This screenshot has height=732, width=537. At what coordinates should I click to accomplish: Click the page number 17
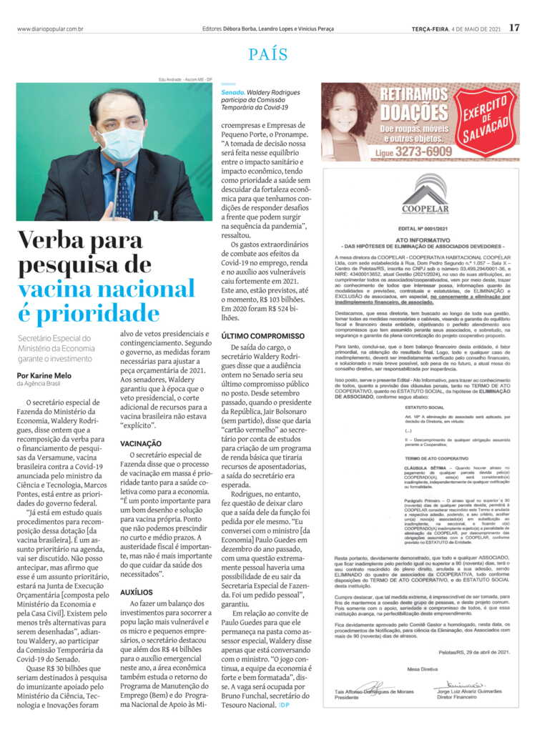(x=515, y=28)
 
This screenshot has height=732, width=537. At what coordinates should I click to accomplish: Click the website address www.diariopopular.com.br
(x=50, y=29)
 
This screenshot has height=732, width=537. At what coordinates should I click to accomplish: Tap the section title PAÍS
(x=268, y=55)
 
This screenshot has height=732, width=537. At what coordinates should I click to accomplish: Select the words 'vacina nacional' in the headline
(x=106, y=290)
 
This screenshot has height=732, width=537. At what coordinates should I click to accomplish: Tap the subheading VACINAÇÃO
(x=141, y=444)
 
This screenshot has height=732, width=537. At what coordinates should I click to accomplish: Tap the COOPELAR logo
(x=424, y=194)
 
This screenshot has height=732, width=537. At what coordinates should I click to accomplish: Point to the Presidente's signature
(x=373, y=686)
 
